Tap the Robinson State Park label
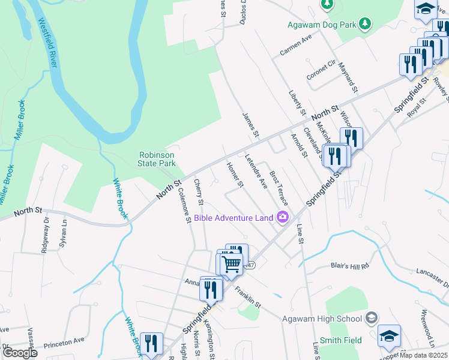pyautogui.click(x=157, y=158)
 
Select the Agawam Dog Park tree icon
pyautogui.click(x=364, y=25)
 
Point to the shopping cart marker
pyautogui.click(x=231, y=264)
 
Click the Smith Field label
pyautogui.click(x=340, y=340)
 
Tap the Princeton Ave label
pyautogui.click(x=63, y=341)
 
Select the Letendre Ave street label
pyautogui.click(x=255, y=172)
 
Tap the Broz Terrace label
pyautogui.click(x=279, y=186)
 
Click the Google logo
pyautogui.click(x=20, y=352)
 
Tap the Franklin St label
pyautogui.click(x=247, y=297)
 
